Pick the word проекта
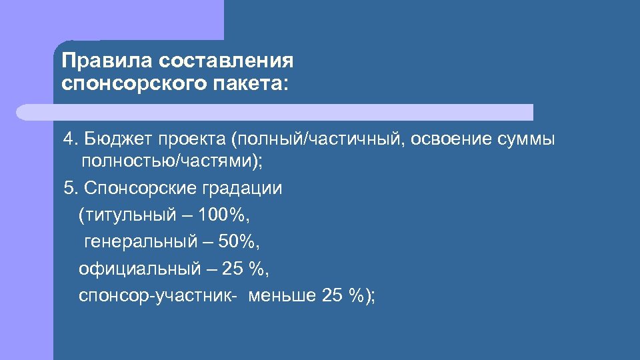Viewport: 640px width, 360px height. point(192,140)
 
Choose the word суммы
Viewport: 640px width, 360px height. point(530,140)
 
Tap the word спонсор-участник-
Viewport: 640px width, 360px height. point(157,296)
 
